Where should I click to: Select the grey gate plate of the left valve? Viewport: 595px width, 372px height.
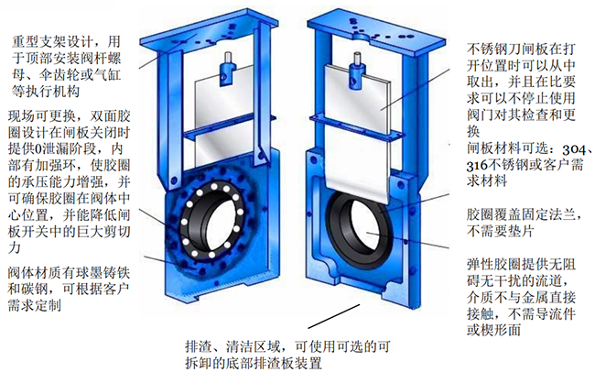(224, 110)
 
